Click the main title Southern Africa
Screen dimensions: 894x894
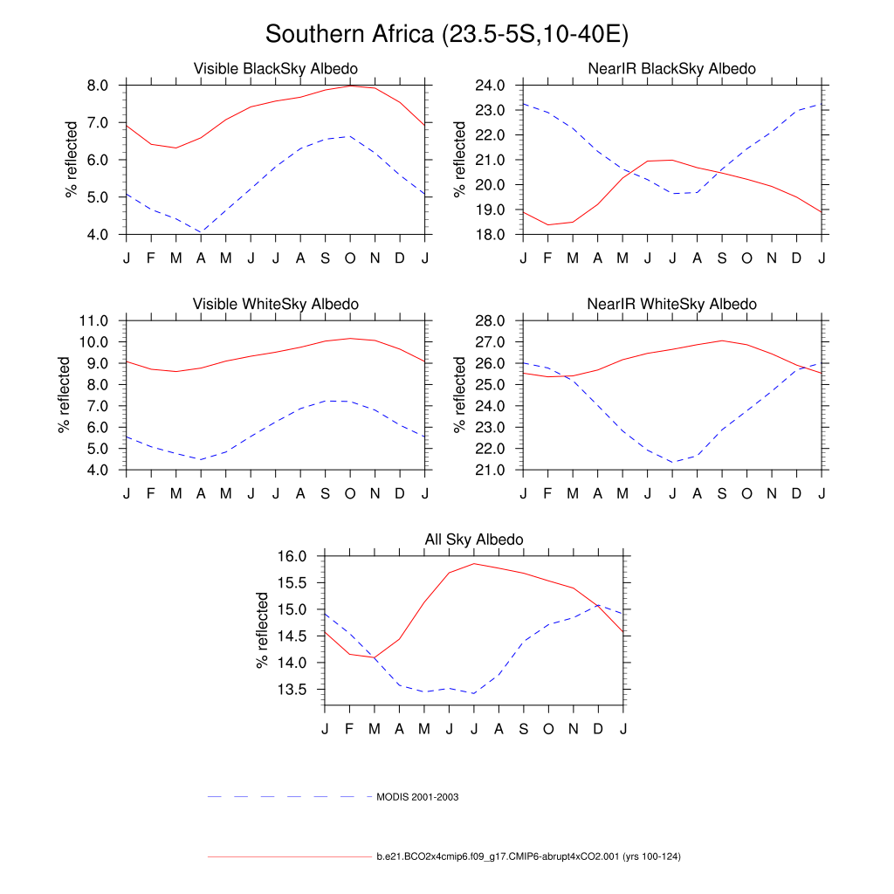coord(447,34)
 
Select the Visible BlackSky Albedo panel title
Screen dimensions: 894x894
coord(275,68)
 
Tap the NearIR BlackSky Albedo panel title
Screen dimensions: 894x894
coord(672,68)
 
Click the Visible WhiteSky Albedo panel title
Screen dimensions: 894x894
coord(275,304)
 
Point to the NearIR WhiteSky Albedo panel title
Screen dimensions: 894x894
coord(672,304)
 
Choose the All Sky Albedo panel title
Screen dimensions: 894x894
coord(474,540)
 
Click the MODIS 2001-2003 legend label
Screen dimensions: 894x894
coord(417,797)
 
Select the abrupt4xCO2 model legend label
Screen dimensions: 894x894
coord(528,856)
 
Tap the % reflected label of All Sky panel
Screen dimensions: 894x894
coord(262,630)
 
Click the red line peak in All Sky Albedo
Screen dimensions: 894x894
coord(474,563)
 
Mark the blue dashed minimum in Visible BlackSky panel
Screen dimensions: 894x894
coord(201,232)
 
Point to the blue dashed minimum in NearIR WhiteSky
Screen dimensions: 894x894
coord(672,463)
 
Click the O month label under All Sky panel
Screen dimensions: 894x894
coord(548,728)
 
